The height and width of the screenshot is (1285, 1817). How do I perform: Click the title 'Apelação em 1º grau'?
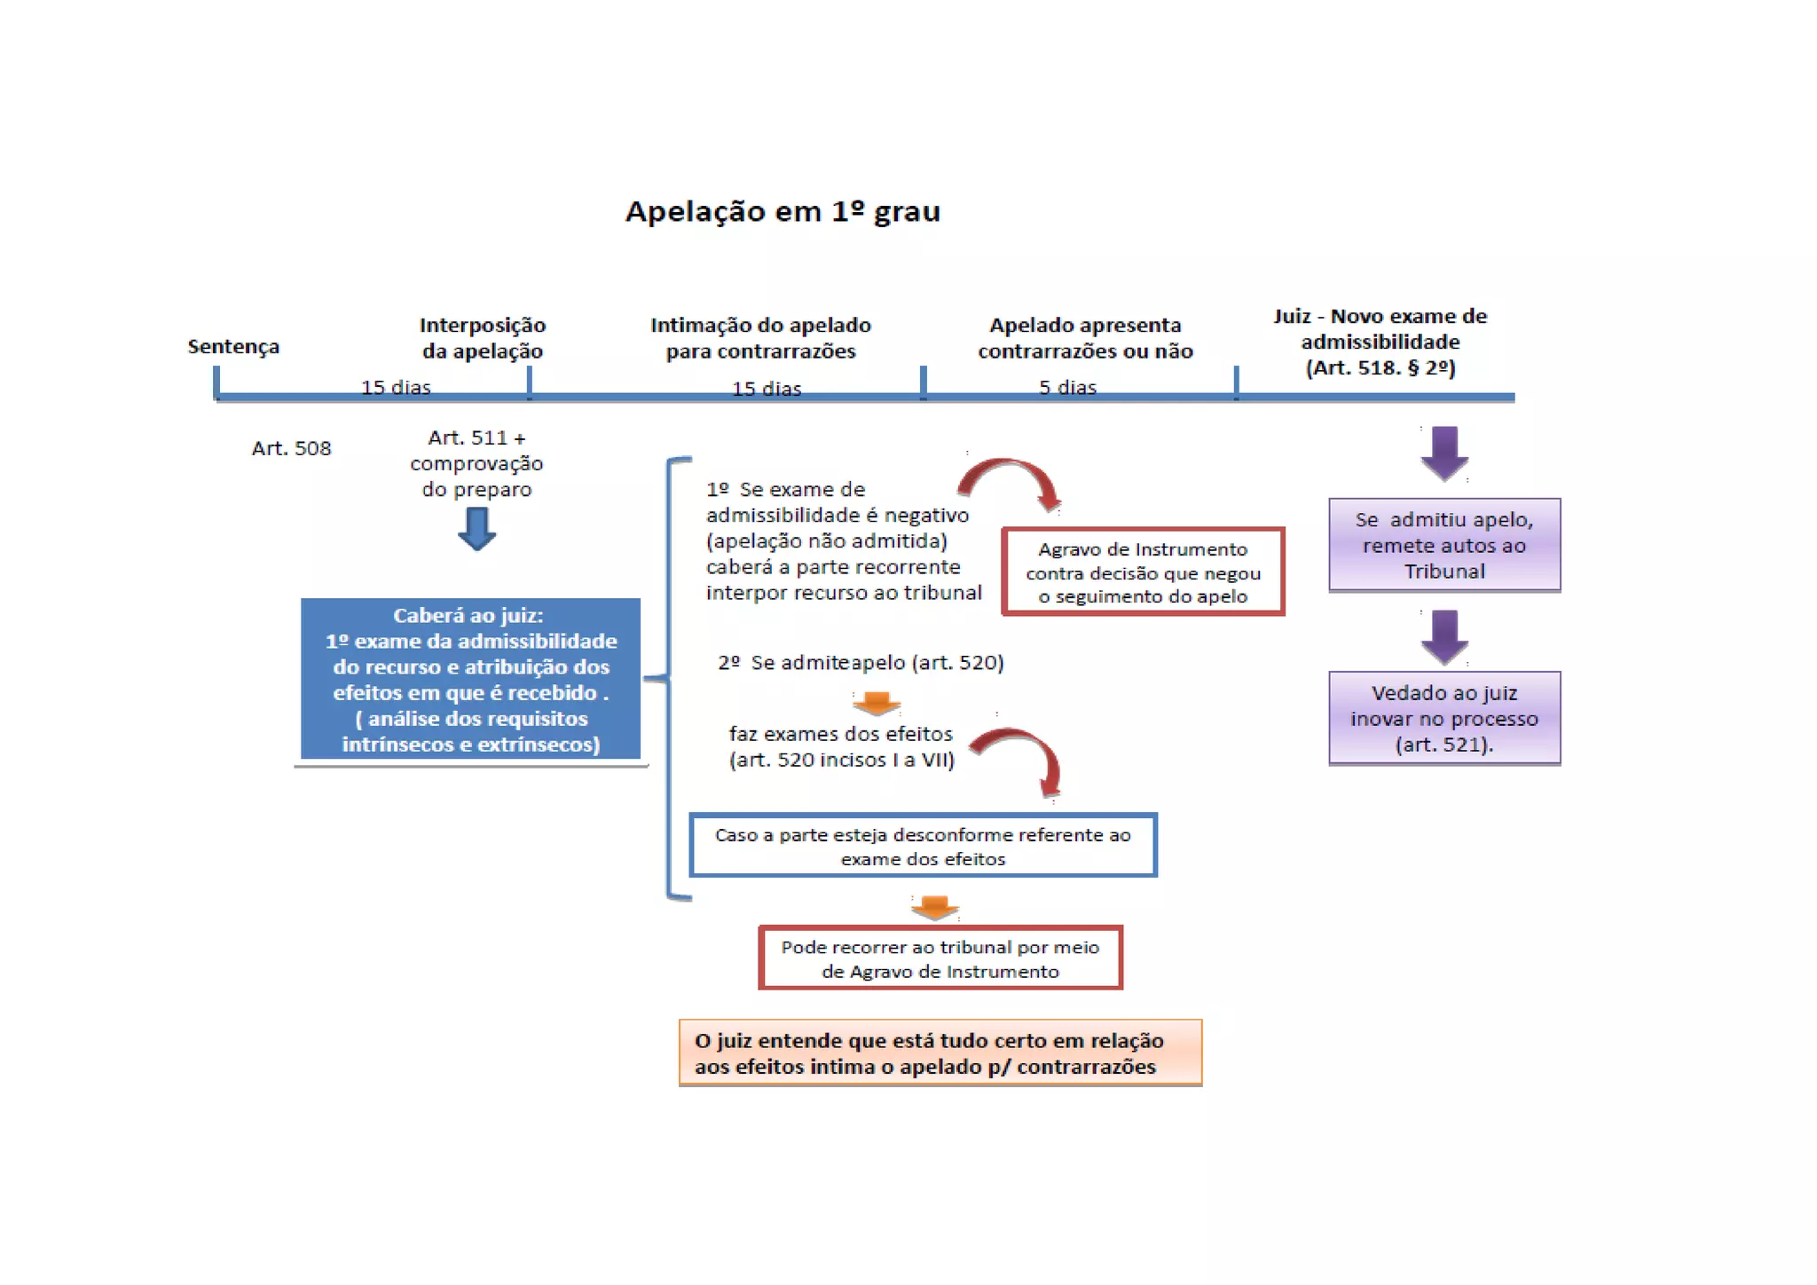pyautogui.click(x=783, y=211)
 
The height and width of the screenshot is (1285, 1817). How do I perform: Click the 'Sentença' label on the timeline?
pyautogui.click(x=233, y=346)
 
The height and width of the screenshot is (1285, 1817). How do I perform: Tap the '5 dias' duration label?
pyautogui.click(x=1067, y=387)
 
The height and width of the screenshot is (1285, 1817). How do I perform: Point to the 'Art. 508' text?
pyautogui.click(x=291, y=448)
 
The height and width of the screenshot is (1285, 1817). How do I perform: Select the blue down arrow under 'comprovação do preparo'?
pyautogui.click(x=476, y=529)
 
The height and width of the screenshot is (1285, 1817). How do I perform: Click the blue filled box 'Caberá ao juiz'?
pyautogui.click(x=470, y=679)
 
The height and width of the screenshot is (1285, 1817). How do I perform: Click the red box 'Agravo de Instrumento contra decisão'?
pyautogui.click(x=1143, y=572)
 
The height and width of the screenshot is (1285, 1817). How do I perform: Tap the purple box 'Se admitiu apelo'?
pyautogui.click(x=1443, y=545)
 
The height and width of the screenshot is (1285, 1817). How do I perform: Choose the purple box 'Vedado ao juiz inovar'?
pyautogui.click(x=1443, y=718)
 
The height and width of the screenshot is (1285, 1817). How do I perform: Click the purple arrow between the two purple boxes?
pyautogui.click(x=1444, y=636)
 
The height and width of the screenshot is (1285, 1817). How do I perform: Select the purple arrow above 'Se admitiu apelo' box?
pyautogui.click(x=1444, y=453)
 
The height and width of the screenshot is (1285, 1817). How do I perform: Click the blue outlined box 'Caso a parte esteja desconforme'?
pyautogui.click(x=923, y=846)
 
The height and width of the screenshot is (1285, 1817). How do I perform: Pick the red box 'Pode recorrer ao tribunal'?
pyautogui.click(x=940, y=958)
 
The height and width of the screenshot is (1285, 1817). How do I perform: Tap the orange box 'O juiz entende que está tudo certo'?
pyautogui.click(x=940, y=1053)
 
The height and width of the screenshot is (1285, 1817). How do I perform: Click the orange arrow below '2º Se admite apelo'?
pyautogui.click(x=877, y=703)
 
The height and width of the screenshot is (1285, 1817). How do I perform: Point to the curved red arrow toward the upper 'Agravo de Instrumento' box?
pyautogui.click(x=1011, y=479)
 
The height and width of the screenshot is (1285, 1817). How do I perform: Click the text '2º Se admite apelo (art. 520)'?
pyautogui.click(x=861, y=662)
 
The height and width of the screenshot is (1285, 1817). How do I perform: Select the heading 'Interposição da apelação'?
pyautogui.click(x=483, y=337)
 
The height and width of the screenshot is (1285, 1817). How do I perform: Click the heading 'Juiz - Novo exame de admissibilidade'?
pyautogui.click(x=1380, y=342)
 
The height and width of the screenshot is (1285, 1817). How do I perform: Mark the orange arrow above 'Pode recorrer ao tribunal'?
pyautogui.click(x=934, y=907)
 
